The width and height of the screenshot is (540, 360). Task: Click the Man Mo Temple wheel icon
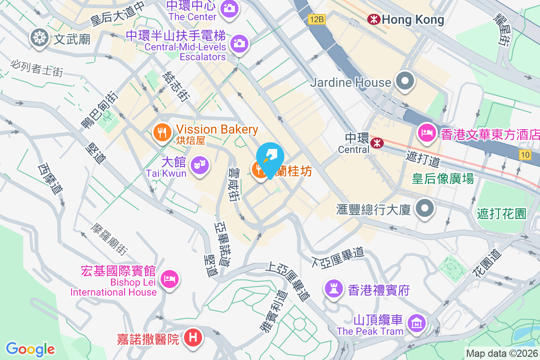tap(40, 38)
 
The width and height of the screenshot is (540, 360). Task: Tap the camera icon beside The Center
tap(229, 8)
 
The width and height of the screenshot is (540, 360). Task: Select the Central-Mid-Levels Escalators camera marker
tap(239, 44)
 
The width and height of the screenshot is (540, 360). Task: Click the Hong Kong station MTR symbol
tap(373, 19)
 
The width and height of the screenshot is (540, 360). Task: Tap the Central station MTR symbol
tap(377, 143)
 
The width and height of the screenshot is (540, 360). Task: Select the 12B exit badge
tap(316, 19)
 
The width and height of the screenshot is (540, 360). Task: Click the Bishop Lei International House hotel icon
tap(170, 279)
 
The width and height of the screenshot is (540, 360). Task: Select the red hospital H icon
tap(193, 337)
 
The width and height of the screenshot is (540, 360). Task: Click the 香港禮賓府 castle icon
tap(333, 288)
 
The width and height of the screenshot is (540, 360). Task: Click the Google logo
tap(30, 349)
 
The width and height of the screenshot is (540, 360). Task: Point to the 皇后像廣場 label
tap(443, 179)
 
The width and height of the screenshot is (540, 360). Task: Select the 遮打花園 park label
tap(502, 213)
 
